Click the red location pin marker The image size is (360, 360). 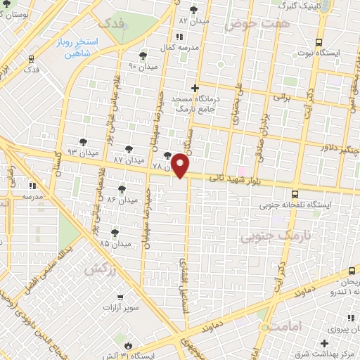(181, 165)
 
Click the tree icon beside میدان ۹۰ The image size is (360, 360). (143, 56)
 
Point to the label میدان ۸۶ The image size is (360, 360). (122, 200)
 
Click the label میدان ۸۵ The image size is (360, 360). (115, 243)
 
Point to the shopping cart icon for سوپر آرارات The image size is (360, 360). (121, 298)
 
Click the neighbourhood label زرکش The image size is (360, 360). (101, 269)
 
